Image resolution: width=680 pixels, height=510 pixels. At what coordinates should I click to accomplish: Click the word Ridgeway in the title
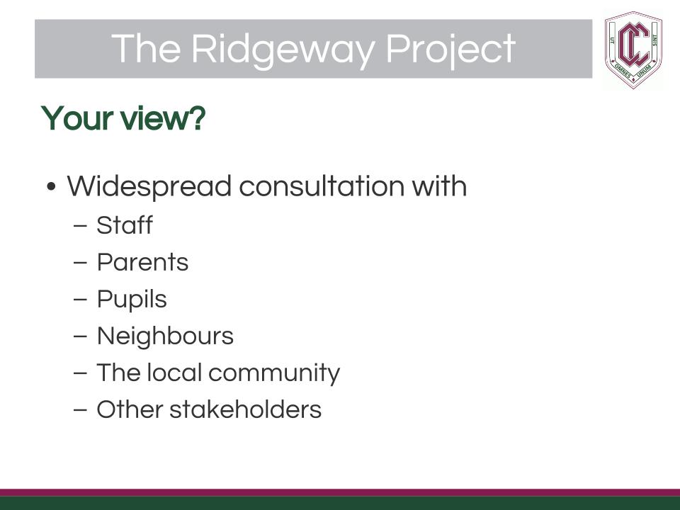tap(283, 50)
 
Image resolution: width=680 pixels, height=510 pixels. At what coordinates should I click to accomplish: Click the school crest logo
tap(633, 50)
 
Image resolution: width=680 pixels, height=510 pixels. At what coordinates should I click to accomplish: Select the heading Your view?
tap(123, 118)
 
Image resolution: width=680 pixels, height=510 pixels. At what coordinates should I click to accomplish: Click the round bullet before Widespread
tap(51, 187)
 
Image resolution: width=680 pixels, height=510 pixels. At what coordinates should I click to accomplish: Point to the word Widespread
tap(149, 187)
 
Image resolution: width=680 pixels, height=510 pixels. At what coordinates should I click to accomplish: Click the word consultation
tap(322, 186)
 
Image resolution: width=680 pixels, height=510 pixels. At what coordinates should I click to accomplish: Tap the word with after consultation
tap(439, 186)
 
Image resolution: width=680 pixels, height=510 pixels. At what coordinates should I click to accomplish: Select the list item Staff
tap(125, 225)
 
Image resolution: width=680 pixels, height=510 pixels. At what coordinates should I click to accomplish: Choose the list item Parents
tap(142, 262)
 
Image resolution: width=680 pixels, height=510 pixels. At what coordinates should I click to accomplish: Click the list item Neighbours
tap(165, 336)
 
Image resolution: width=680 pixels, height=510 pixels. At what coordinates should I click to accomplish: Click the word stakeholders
tap(246, 409)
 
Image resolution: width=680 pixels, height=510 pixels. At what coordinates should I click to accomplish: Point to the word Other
tap(130, 409)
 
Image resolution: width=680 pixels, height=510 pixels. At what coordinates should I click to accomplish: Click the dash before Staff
tap(81, 226)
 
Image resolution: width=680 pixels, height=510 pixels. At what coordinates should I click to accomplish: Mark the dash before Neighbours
tap(81, 336)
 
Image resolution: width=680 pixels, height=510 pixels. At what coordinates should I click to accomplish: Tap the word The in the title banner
tap(146, 48)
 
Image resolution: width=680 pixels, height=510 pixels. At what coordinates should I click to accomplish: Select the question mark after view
tap(198, 118)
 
